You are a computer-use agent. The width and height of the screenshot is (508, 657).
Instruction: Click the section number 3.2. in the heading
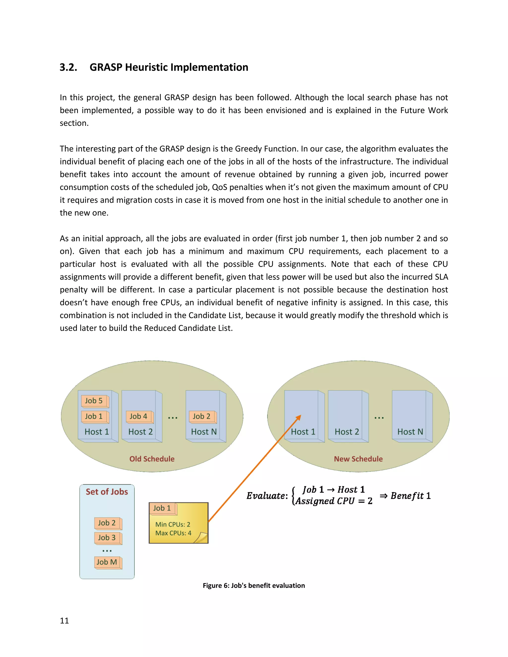[x=68, y=67]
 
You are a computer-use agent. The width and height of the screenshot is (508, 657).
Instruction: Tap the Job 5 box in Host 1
[x=94, y=401]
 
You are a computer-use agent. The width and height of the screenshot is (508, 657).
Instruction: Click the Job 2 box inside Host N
[x=202, y=417]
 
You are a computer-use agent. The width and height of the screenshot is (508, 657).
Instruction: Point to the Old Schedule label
[x=152, y=459]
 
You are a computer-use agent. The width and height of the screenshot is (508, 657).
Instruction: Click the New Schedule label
[x=358, y=459]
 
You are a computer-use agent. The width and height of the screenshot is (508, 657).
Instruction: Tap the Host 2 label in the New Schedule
[x=347, y=432]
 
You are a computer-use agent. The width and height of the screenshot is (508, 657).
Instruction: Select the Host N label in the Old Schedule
[x=204, y=432]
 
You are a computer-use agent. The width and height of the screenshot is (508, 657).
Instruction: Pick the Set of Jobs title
[x=107, y=492]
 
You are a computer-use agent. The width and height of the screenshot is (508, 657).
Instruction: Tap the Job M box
[x=107, y=562]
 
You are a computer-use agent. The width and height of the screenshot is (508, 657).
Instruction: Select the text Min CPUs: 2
[x=173, y=525]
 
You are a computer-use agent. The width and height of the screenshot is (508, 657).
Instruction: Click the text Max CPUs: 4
[x=173, y=533]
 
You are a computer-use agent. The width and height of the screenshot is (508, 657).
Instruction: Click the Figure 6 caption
[x=254, y=586]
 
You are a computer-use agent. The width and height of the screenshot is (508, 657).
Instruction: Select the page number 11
[x=64, y=621]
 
